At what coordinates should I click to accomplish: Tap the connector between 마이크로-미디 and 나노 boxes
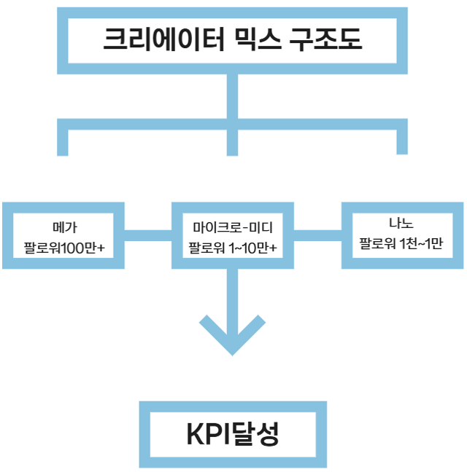317,233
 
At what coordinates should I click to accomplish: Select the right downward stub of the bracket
401,141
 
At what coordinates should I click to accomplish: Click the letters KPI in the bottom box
209,435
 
